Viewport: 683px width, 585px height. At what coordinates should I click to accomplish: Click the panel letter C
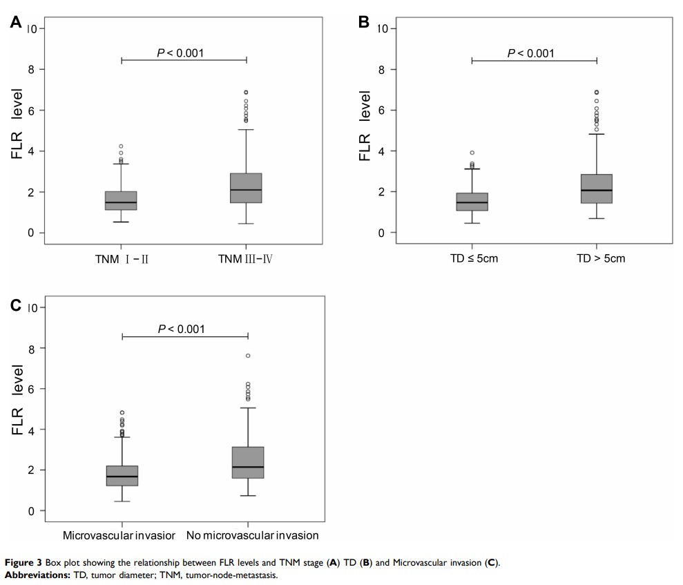(16, 305)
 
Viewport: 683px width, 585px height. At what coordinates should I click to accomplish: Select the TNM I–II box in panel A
(121, 200)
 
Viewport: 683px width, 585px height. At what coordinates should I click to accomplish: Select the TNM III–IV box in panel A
(246, 188)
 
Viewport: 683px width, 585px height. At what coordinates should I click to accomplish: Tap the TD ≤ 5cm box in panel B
(472, 202)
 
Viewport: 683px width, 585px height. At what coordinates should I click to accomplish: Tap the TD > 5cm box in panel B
(597, 189)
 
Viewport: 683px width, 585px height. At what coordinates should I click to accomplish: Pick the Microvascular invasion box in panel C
(122, 476)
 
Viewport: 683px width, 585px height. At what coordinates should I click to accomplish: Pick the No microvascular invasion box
(248, 463)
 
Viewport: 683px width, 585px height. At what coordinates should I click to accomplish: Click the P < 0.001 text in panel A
(180, 52)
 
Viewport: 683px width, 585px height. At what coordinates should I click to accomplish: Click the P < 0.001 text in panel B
(530, 53)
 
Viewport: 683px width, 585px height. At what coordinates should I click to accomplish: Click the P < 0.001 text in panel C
(181, 329)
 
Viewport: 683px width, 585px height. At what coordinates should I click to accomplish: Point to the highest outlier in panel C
(248, 356)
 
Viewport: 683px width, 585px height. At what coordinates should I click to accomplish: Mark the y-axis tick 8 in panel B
(383, 69)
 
